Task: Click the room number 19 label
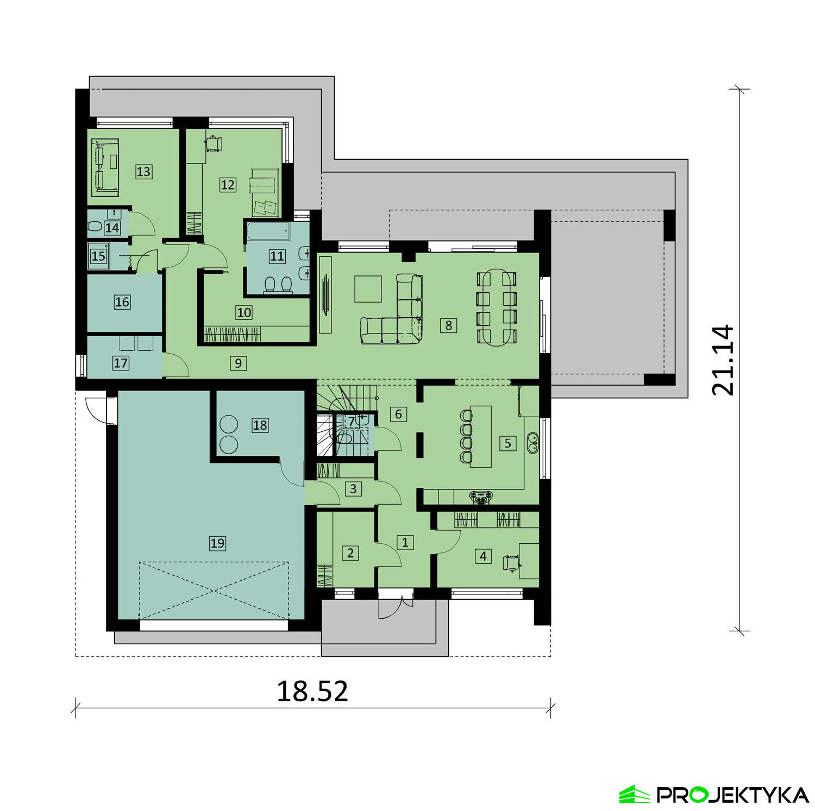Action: (x=217, y=543)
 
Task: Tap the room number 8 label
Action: (x=448, y=325)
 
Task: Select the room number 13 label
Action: (x=143, y=172)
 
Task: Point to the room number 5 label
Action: (x=507, y=443)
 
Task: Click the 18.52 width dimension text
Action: (x=312, y=691)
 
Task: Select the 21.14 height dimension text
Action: (x=723, y=360)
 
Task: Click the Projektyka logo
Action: (x=713, y=794)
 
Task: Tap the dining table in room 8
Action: (x=497, y=308)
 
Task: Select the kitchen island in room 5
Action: (x=481, y=436)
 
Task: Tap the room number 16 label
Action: (x=122, y=302)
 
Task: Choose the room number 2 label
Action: (x=350, y=553)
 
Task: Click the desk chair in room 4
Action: (x=510, y=563)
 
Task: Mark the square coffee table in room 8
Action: (x=368, y=288)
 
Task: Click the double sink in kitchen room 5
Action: (x=533, y=443)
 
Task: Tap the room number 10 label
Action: (x=244, y=312)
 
